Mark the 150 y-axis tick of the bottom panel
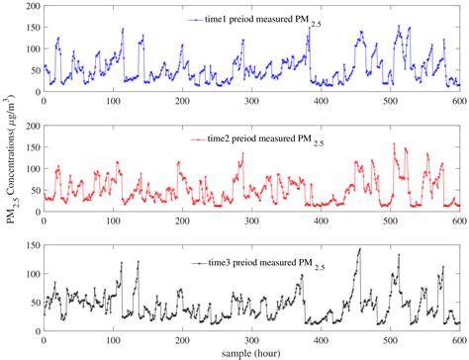tap(30, 244)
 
